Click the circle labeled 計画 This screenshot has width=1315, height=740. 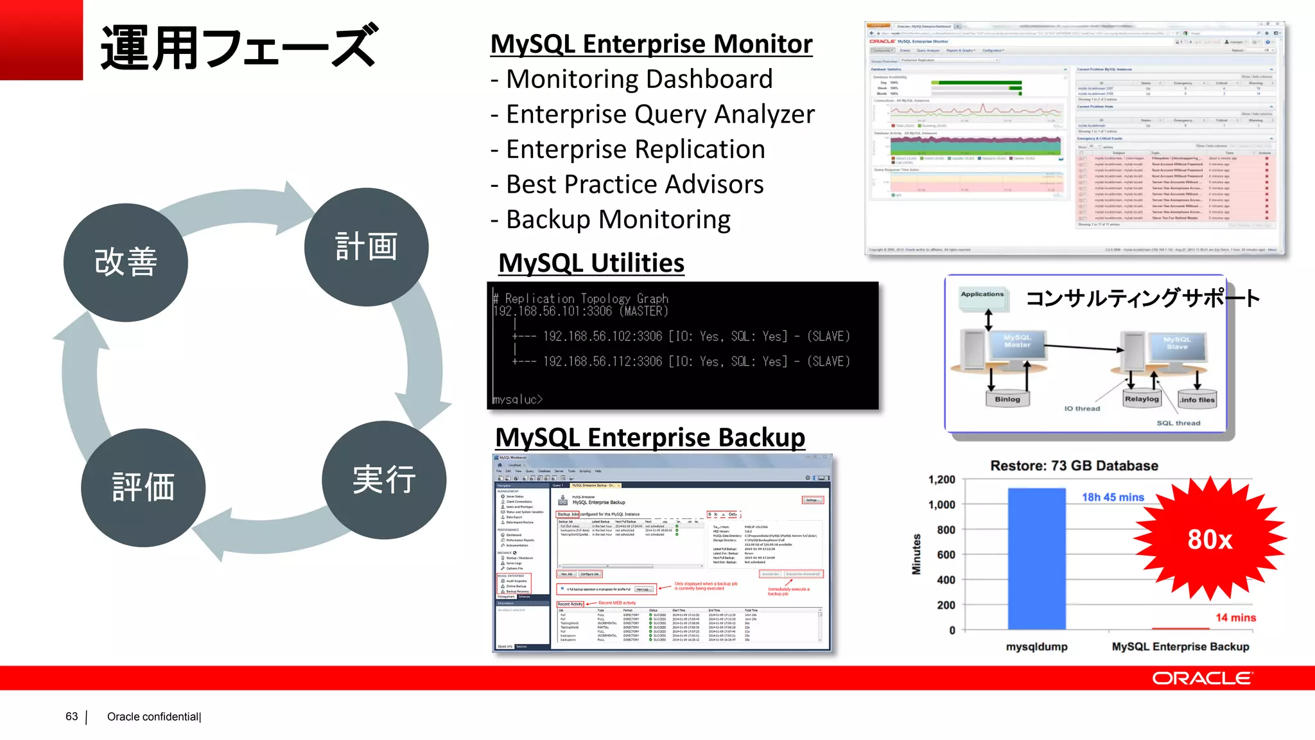[366, 247]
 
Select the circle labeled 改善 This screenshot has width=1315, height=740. [126, 263]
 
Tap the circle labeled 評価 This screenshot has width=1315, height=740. [143, 488]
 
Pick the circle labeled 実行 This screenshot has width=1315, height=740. [384, 480]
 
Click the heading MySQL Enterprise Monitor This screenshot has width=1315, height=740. [651, 44]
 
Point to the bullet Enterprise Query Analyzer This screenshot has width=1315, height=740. [659, 114]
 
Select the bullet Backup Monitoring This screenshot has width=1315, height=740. [618, 220]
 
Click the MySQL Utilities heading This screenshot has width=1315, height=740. [591, 263]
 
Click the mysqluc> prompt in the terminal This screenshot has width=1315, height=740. [518, 399]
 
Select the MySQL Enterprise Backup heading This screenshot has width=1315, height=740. [650, 437]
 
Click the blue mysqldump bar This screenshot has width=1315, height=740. [1036, 559]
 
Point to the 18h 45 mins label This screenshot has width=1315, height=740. [1113, 497]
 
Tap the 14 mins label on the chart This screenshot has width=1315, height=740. [1235, 617]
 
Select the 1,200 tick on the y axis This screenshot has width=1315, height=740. [941, 480]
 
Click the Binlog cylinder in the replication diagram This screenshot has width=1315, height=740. [1007, 399]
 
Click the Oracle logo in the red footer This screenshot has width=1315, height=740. [1201, 678]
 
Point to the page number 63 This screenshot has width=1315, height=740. [71, 716]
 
